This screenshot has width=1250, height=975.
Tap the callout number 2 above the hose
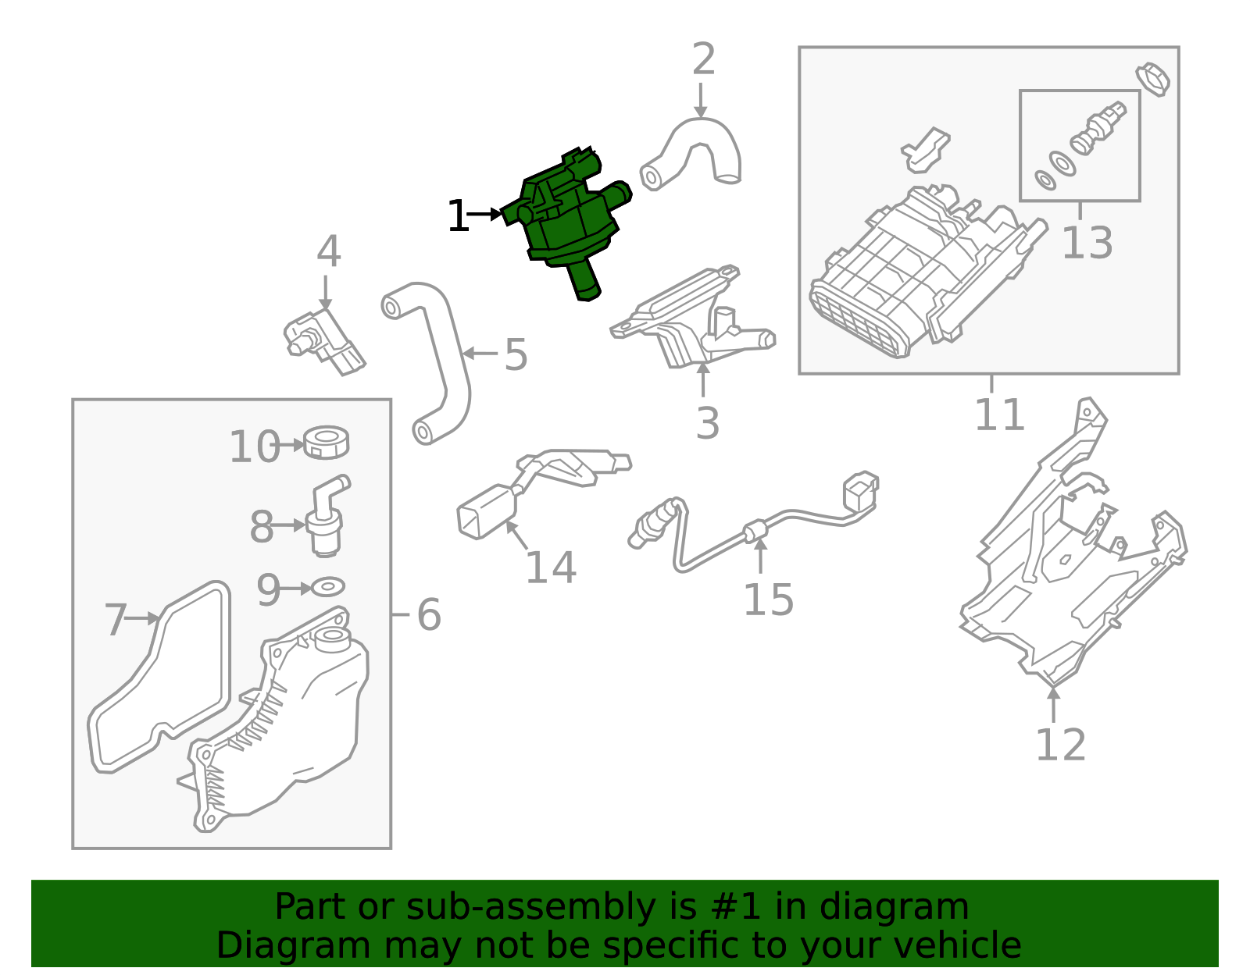click(x=703, y=60)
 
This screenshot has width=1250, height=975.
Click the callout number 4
click(x=328, y=252)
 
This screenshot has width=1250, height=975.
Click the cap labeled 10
click(x=327, y=443)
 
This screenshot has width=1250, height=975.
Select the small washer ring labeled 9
click(x=329, y=585)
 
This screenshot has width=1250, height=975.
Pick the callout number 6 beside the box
click(x=428, y=615)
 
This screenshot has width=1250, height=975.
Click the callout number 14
click(x=550, y=568)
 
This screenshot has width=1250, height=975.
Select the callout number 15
click(x=767, y=600)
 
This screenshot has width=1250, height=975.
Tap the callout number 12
click(x=1060, y=745)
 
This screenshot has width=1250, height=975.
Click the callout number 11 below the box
click(x=998, y=415)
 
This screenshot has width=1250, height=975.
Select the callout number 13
click(x=1087, y=243)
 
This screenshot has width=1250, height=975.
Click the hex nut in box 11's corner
click(x=1153, y=78)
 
